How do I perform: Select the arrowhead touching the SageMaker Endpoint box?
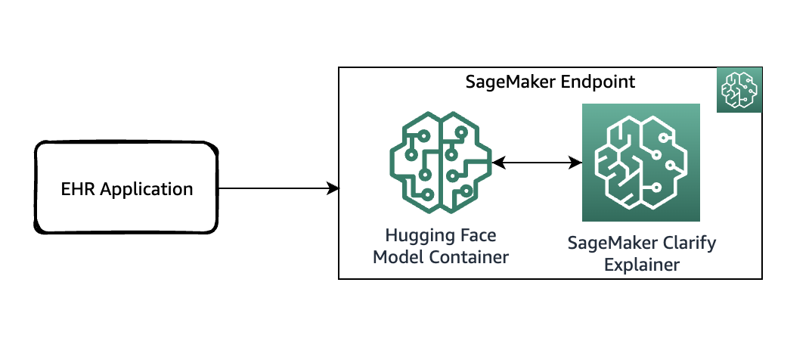[333, 188]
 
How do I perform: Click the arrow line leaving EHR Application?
[272, 188]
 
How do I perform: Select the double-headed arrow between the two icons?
[536, 162]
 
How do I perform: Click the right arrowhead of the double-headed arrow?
[575, 162]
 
